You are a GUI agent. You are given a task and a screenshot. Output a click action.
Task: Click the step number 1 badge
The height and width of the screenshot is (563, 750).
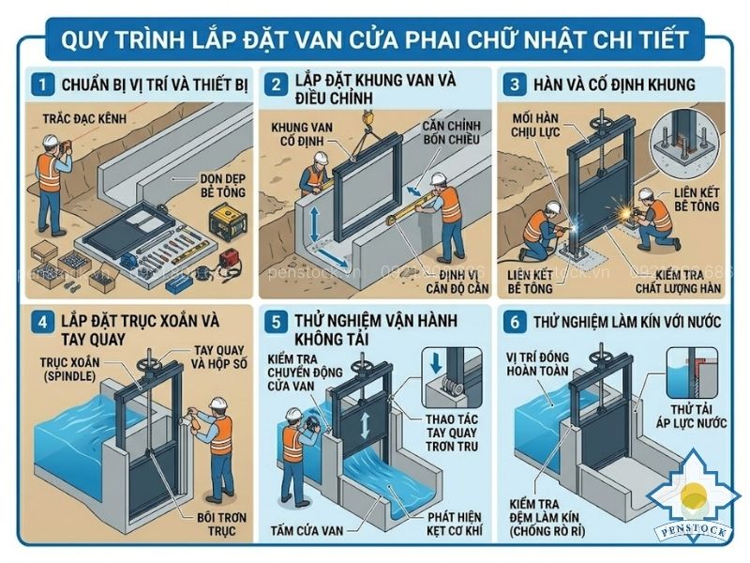(41, 85)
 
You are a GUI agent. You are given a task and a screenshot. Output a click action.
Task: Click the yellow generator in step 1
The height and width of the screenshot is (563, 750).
(224, 224)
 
